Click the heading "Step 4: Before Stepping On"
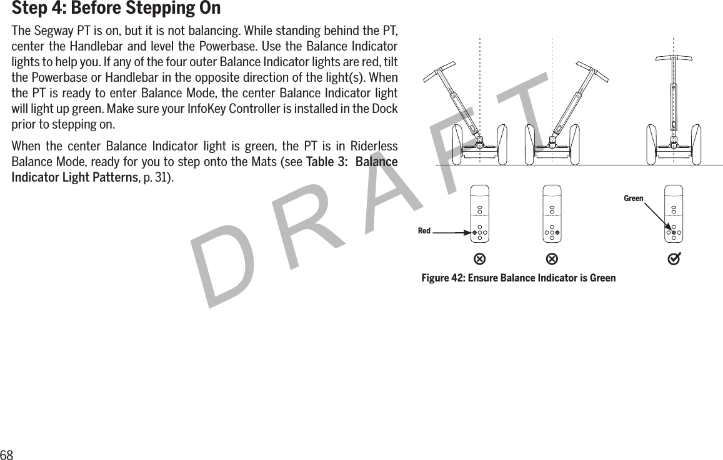(116, 9)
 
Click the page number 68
(7, 454)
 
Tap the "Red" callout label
(424, 231)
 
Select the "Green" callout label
(633, 198)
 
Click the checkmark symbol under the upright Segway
(674, 258)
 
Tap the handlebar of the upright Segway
(674, 58)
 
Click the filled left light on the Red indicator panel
(474, 232)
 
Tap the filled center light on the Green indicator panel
(673, 232)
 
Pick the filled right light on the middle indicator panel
(557, 232)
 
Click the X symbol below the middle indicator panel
(552, 258)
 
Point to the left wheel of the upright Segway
(652, 144)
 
